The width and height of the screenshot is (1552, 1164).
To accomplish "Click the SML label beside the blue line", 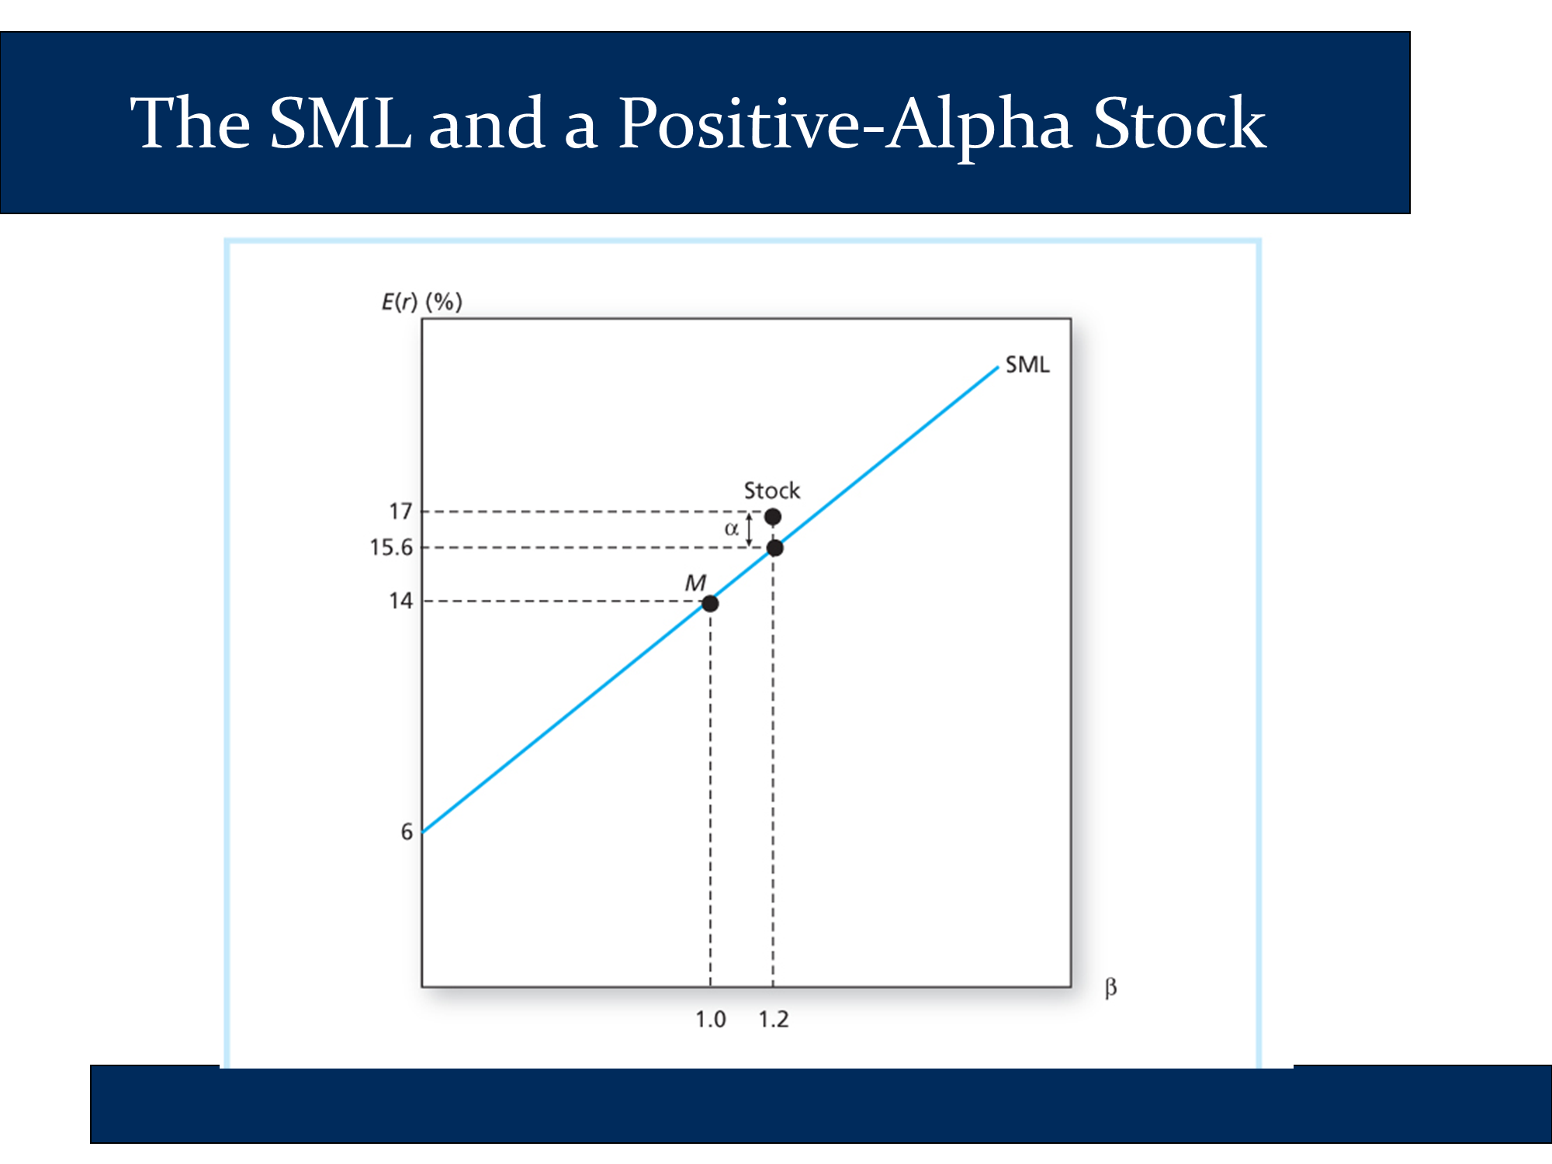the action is click(1027, 365).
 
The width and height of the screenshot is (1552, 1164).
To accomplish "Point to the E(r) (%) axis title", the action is click(422, 302).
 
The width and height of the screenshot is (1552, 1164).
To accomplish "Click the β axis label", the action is click(1110, 988).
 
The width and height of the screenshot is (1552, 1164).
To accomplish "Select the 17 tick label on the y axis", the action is click(400, 511).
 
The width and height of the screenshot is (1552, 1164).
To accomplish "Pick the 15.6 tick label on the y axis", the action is click(391, 548).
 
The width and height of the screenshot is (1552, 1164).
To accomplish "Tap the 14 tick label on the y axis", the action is click(400, 601).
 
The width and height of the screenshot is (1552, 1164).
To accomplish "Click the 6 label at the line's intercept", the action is click(407, 832).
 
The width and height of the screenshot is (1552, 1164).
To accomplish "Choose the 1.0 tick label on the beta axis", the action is click(710, 1019).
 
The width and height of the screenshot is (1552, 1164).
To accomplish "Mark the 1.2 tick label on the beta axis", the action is click(773, 1019).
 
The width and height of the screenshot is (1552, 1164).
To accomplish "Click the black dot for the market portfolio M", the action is click(710, 604).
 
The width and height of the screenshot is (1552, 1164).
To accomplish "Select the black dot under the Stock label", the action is click(773, 516).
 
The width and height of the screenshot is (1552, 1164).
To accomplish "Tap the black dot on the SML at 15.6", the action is click(774, 548).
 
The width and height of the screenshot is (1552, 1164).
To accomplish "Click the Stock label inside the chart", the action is click(772, 490).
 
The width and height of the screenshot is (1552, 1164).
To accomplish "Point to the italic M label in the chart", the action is click(695, 583).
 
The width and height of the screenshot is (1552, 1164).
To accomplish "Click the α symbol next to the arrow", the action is click(731, 529).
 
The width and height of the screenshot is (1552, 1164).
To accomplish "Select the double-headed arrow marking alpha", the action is click(749, 528).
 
